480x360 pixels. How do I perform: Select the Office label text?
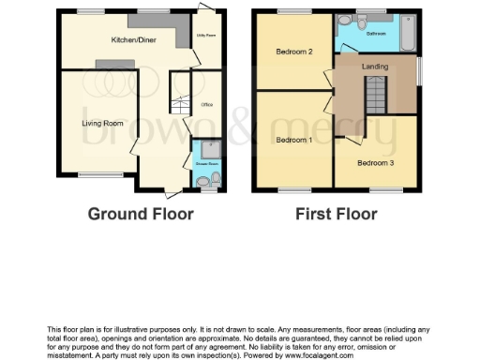click(207, 104)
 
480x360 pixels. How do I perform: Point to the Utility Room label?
click(206, 37)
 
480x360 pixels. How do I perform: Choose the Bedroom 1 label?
click(293, 140)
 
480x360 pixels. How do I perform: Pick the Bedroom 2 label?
click(294, 52)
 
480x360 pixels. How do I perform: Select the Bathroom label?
click(377, 34)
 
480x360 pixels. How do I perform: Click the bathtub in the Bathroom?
click(408, 36)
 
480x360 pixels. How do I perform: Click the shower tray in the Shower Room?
click(207, 147)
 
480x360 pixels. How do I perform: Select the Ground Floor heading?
click(141, 214)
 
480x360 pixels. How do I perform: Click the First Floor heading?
click(336, 214)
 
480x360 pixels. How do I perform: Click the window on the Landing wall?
click(419, 71)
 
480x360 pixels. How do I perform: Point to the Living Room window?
click(93, 175)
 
